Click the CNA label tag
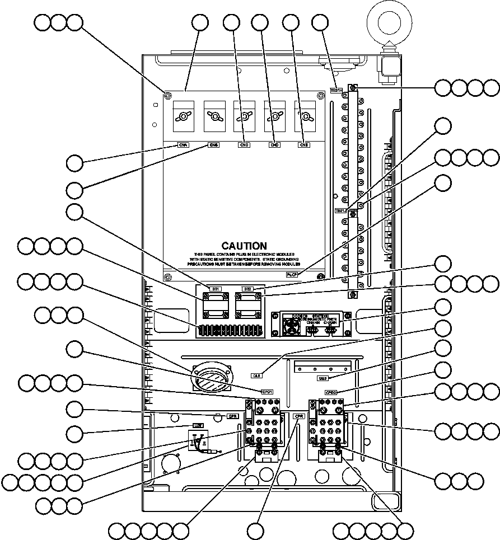tap(183, 144)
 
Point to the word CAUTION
tap(244, 246)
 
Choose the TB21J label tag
tap(340, 211)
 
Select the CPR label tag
tap(298, 416)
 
